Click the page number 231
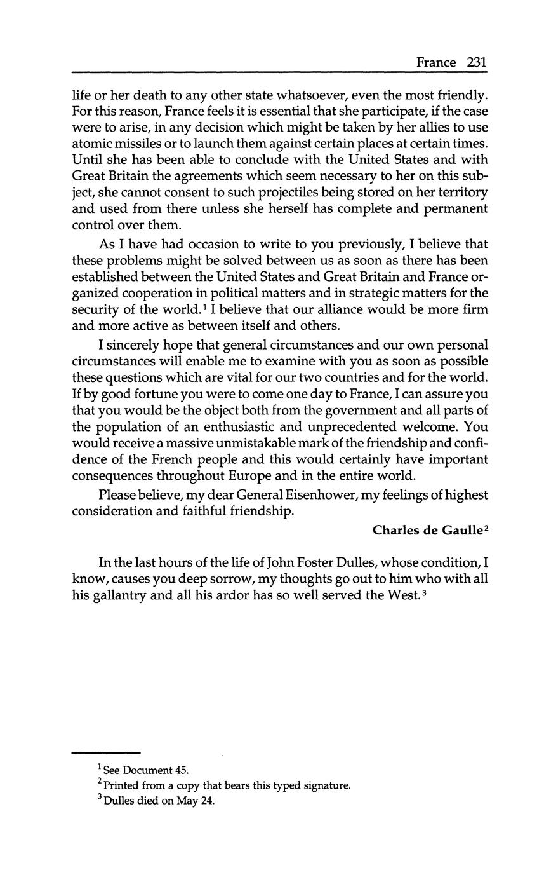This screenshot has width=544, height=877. click(x=476, y=62)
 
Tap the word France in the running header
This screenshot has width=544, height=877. click(x=436, y=62)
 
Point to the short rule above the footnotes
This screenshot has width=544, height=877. click(x=105, y=753)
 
